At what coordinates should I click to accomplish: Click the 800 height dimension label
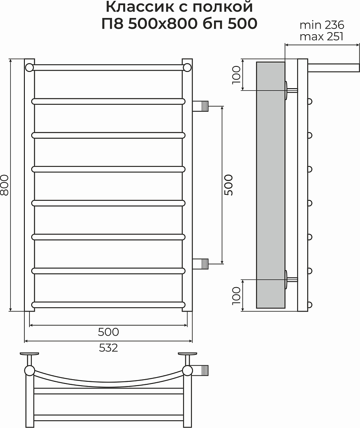(x=5, y=185)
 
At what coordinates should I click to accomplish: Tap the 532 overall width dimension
(x=108, y=348)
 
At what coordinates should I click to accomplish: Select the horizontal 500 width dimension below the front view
(x=108, y=332)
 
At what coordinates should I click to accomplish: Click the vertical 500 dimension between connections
(x=229, y=185)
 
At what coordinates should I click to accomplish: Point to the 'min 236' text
(x=322, y=25)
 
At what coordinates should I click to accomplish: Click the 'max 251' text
(x=321, y=36)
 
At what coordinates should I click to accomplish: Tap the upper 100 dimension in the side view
(x=236, y=75)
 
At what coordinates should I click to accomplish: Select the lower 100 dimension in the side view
(x=236, y=296)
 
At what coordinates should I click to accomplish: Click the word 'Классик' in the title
(x=139, y=7)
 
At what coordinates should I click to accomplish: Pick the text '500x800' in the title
(x=162, y=24)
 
